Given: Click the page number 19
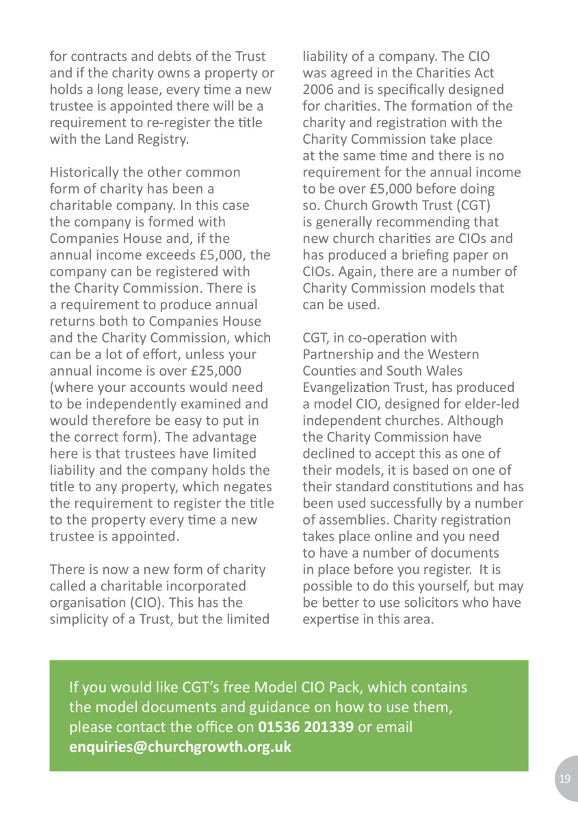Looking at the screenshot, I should coord(564,779).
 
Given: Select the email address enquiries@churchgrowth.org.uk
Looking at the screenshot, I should coord(181,746).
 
